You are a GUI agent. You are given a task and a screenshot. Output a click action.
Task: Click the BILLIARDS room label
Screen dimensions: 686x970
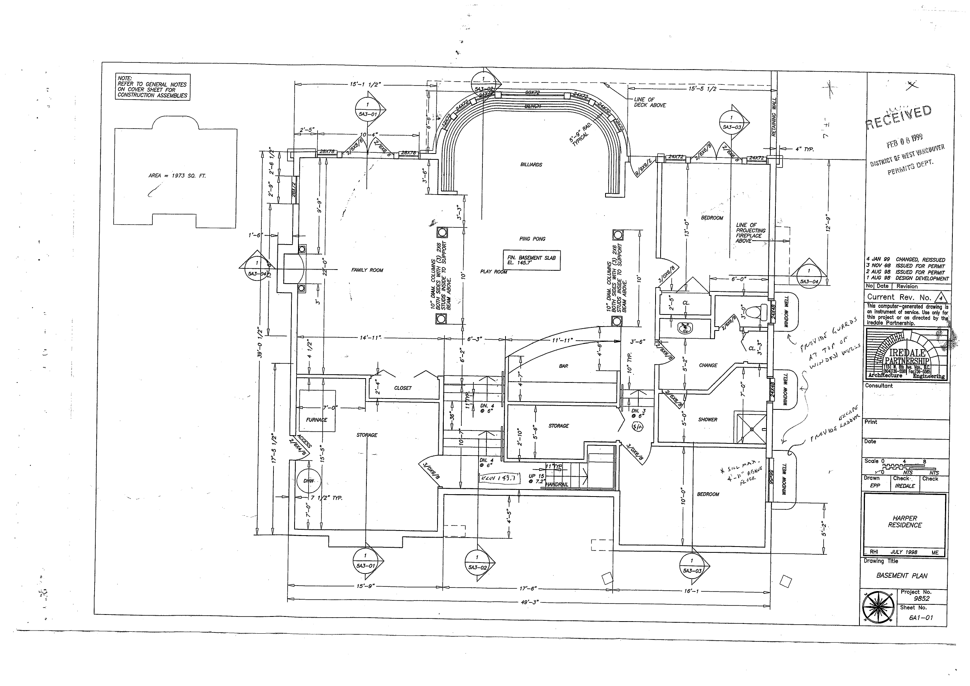531,165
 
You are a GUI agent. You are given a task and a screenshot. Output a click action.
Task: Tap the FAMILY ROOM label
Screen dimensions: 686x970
367,270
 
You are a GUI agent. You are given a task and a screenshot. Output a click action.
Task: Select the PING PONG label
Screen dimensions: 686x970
532,239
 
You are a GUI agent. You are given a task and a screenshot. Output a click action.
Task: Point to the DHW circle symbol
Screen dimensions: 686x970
309,481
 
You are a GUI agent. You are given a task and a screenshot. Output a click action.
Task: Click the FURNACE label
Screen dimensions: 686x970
316,420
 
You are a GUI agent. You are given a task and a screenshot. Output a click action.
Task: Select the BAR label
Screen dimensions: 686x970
563,366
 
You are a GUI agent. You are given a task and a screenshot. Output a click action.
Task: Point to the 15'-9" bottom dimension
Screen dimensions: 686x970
365,587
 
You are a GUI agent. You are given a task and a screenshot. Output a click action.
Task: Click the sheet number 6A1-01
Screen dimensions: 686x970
921,618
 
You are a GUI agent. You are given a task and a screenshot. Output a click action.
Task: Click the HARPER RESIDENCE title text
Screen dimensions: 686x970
904,522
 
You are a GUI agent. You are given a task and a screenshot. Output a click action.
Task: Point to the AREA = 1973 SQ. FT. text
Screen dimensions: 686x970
177,176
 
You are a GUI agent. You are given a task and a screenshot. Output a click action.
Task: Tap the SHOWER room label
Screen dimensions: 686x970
707,420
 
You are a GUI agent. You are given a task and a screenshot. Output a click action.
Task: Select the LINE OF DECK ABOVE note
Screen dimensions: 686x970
649,103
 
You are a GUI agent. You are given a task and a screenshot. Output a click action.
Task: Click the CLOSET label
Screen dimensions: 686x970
402,388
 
